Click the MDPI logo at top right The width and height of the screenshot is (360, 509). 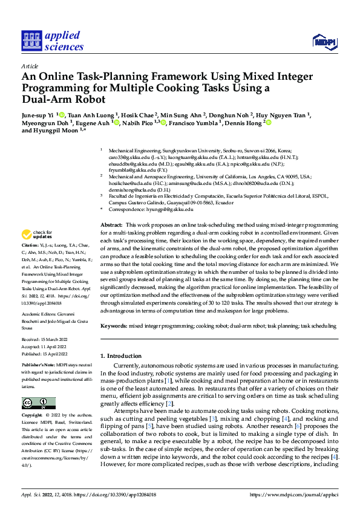click(x=324, y=41)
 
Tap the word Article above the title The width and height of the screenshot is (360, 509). click(x=30, y=66)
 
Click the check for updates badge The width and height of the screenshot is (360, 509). click(x=36, y=235)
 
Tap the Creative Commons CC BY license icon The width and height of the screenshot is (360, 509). click(x=39, y=403)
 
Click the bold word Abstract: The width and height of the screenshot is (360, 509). click(x=114, y=224)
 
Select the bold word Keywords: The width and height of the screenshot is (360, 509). click(x=114, y=326)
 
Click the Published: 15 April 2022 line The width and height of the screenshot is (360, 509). click(x=48, y=355)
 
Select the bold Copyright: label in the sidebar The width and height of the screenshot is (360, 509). click(x=33, y=416)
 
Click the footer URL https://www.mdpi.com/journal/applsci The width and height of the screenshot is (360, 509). click(x=294, y=493)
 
